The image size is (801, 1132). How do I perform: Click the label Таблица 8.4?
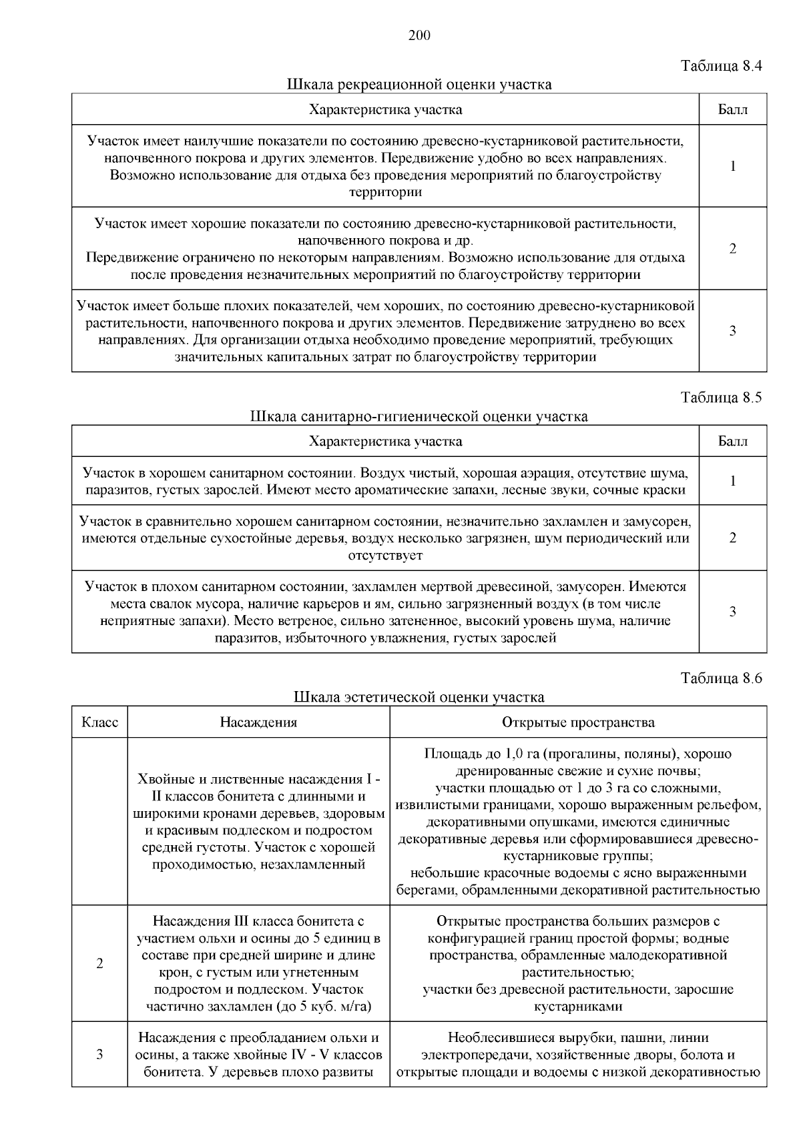pyautogui.click(x=721, y=66)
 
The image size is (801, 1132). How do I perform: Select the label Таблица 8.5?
pyautogui.click(x=721, y=398)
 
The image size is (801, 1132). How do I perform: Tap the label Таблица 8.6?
pyautogui.click(x=721, y=678)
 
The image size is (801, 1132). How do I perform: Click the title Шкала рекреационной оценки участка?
pyautogui.click(x=419, y=85)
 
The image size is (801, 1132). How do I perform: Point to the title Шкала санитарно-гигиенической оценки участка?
pyautogui.click(x=419, y=417)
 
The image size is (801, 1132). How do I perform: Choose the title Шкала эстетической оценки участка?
pyautogui.click(x=419, y=697)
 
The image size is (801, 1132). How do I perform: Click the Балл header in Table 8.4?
pyautogui.click(x=732, y=109)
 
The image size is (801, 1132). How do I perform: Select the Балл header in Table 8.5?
pyautogui.click(x=732, y=441)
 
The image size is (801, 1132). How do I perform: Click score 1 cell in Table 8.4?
pyautogui.click(x=732, y=166)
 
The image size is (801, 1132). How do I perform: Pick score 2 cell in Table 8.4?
pyautogui.click(x=732, y=249)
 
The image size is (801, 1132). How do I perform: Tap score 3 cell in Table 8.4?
pyautogui.click(x=732, y=331)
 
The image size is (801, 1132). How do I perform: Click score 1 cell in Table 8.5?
pyautogui.click(x=732, y=481)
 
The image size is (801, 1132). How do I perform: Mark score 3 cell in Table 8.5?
pyautogui.click(x=732, y=612)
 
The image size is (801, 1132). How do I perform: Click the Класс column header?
pyautogui.click(x=99, y=722)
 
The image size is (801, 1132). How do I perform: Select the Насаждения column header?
pyautogui.click(x=258, y=722)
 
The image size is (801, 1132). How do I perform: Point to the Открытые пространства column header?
pyautogui.click(x=578, y=722)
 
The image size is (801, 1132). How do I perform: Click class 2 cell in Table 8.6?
pyautogui.click(x=99, y=963)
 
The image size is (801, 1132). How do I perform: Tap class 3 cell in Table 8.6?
pyautogui.click(x=99, y=1055)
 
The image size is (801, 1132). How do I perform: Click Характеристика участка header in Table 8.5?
pyautogui.click(x=385, y=441)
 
